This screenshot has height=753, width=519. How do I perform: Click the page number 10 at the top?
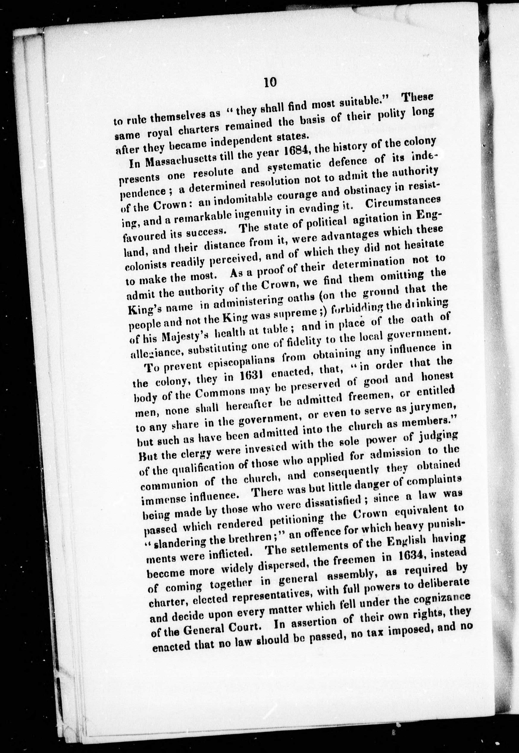tap(270, 83)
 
